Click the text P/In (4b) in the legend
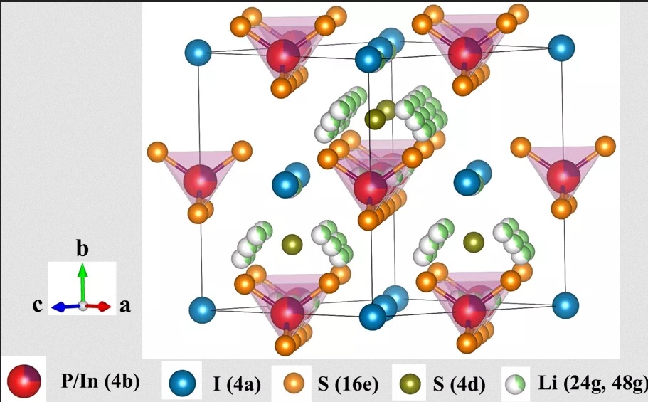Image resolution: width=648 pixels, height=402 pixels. point(99,382)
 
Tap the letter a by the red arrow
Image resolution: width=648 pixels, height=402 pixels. point(124,306)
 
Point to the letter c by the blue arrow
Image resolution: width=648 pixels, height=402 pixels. point(40,306)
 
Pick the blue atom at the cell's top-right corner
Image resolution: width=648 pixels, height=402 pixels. point(561,50)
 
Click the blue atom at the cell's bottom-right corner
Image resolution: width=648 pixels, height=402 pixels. point(565,306)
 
